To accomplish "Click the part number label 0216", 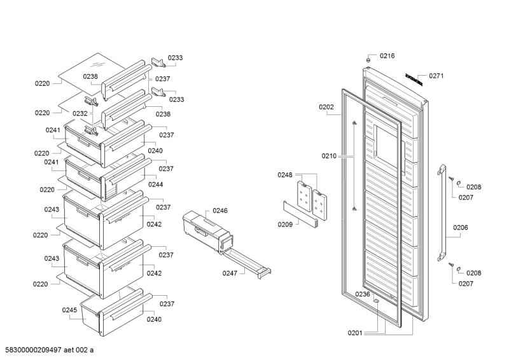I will pyautogui.click(x=387, y=56).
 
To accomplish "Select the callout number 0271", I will pyautogui.click(x=436, y=76).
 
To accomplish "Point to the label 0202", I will pyautogui.click(x=326, y=107).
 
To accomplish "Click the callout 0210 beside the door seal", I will pyautogui.click(x=329, y=156).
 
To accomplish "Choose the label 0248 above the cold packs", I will pyautogui.click(x=285, y=175).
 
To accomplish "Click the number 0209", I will pyautogui.click(x=284, y=224).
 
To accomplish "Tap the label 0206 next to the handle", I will pyautogui.click(x=461, y=227).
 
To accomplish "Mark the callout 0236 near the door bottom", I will pyautogui.click(x=362, y=294).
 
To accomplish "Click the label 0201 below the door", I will pyautogui.click(x=354, y=333).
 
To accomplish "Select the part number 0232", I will pyautogui.click(x=80, y=113).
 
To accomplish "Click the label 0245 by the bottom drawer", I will pyautogui.click(x=69, y=310).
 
